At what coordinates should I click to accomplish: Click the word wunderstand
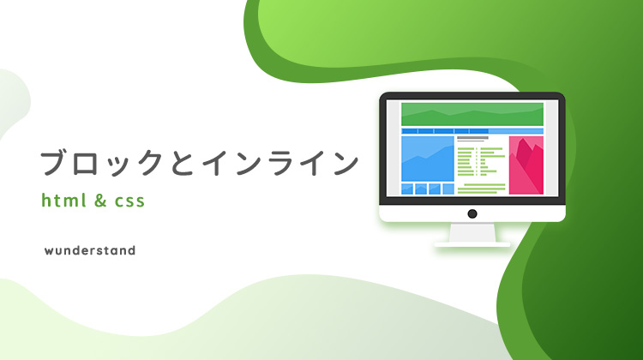[x=90, y=250]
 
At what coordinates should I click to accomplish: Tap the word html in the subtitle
[x=64, y=200]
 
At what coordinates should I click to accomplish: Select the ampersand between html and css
[x=100, y=201]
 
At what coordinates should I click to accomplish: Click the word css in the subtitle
[x=129, y=201]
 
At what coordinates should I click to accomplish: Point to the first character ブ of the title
[x=54, y=162]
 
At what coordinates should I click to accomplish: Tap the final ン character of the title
[x=346, y=163]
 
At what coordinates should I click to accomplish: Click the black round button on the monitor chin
[x=472, y=213]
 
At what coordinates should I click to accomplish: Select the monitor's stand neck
[x=472, y=232]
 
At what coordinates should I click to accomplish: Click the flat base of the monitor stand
[x=472, y=244]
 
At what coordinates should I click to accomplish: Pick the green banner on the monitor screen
[x=472, y=114]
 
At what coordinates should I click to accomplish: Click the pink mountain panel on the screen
[x=526, y=165]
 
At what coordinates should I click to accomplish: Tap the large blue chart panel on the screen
[x=428, y=159]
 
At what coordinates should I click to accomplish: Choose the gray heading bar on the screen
[x=472, y=138]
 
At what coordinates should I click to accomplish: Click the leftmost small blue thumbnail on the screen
[x=406, y=189]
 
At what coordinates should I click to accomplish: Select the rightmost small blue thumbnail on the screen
[x=448, y=189]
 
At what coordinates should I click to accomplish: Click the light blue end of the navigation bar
[x=516, y=131]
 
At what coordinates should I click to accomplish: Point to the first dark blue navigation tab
[x=409, y=131]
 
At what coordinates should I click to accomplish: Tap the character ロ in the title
[x=88, y=164]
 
